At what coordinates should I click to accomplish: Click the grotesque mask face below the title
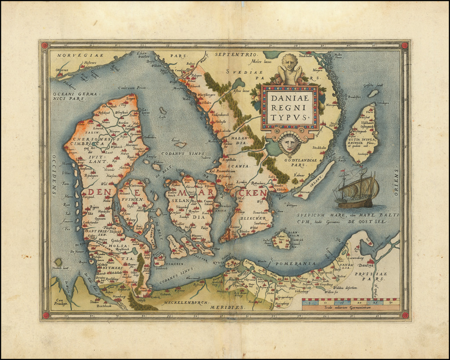tap(289, 144)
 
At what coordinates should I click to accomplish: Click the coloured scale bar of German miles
tap(351, 302)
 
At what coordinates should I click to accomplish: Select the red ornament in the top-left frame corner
tap(44, 45)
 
